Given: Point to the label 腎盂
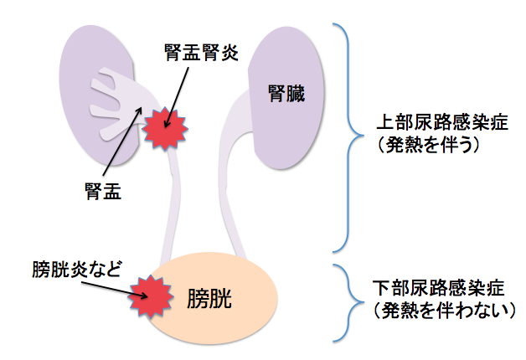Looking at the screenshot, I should click(x=104, y=192).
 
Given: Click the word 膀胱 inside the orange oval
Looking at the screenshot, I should click(x=210, y=297).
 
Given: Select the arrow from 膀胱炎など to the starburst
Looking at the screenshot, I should click(x=109, y=285).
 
